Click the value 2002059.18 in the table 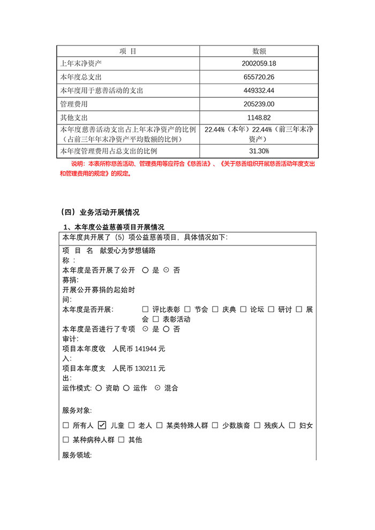pyautogui.click(x=259, y=64)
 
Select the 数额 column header pyautogui.click(x=259, y=51)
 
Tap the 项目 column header pyautogui.click(x=128, y=51)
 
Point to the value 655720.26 pyautogui.click(x=259, y=77)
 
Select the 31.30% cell pyautogui.click(x=259, y=151)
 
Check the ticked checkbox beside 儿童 pyautogui.click(x=102, y=426)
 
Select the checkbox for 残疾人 pyautogui.click(x=258, y=426)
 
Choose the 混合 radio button pyautogui.click(x=157, y=388)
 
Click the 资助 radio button pyautogui.click(x=99, y=388)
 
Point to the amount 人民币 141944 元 pyautogui.click(x=139, y=349)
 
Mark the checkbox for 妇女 pyautogui.click(x=292, y=426)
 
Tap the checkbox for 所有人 pyautogui.click(x=66, y=426)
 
